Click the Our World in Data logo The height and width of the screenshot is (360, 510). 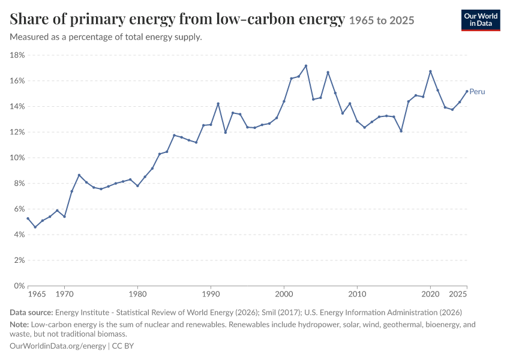pyautogui.click(x=481, y=20)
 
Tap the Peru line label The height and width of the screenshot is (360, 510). pyautogui.click(x=477, y=92)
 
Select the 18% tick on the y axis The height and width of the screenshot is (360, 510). pyautogui.click(x=17, y=55)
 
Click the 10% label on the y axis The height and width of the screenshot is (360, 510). pyautogui.click(x=17, y=158)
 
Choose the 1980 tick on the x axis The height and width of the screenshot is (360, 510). pyautogui.click(x=137, y=295)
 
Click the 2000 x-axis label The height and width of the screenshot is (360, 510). pyautogui.click(x=284, y=295)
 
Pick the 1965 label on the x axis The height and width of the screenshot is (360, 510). pyautogui.click(x=37, y=295)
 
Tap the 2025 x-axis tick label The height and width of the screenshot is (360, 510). pyautogui.click(x=458, y=295)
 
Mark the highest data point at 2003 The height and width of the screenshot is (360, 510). pyautogui.click(x=306, y=66)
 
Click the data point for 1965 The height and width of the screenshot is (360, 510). pyautogui.click(x=28, y=218)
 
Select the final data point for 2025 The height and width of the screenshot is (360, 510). pyautogui.click(x=467, y=91)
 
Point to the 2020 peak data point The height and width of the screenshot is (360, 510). pyautogui.click(x=430, y=71)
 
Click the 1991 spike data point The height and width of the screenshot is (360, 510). pyautogui.click(x=218, y=104)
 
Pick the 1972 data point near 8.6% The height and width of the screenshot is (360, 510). pyautogui.click(x=79, y=175)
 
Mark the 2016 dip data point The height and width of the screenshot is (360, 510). pyautogui.click(x=401, y=131)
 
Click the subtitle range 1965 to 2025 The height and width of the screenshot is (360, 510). pyautogui.click(x=382, y=20)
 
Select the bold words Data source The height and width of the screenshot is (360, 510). pyautogui.click(x=31, y=313)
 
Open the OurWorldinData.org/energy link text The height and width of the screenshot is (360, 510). pyautogui.click(x=58, y=346)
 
